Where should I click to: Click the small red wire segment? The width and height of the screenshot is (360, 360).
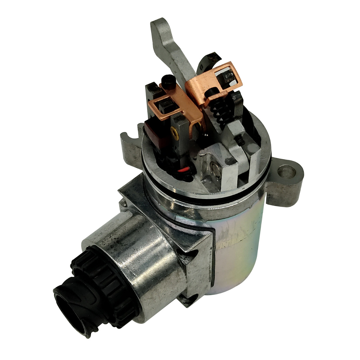pyautogui.click(x=186, y=169)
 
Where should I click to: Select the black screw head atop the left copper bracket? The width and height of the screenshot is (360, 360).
pyautogui.click(x=167, y=80)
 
